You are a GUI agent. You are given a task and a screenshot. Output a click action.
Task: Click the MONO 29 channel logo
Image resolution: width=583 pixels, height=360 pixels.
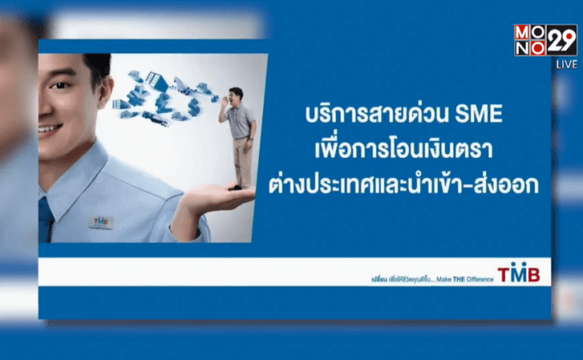click(545, 40)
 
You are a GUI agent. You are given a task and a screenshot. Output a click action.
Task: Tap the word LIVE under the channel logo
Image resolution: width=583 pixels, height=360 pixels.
click(566, 64)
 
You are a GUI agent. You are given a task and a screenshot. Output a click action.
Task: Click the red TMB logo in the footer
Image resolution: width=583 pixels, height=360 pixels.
click(519, 273)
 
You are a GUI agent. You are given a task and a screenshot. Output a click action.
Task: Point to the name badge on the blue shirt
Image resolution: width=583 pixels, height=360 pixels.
click(101, 221)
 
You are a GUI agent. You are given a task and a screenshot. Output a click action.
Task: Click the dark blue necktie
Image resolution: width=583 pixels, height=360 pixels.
click(45, 219)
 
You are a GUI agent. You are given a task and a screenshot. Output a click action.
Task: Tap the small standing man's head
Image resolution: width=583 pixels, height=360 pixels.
click(236, 93)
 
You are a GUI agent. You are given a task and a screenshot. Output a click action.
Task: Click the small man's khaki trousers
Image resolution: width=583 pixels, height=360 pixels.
click(243, 162)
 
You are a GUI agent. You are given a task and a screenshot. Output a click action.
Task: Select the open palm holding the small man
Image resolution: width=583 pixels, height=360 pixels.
click(214, 198)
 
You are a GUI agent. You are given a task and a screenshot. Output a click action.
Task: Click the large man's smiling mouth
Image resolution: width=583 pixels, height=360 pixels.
click(51, 129)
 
